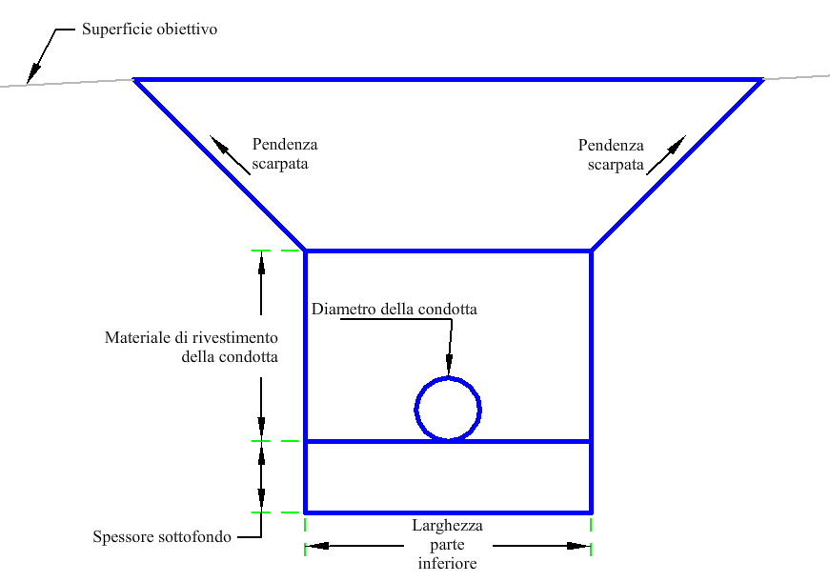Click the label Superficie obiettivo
[150, 30]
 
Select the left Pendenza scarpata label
[285, 153]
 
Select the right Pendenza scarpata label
[611, 154]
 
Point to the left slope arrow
[230, 154]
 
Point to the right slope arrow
[666, 154]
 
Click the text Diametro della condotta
[394, 309]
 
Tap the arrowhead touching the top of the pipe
[449, 365]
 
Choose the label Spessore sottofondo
[162, 537]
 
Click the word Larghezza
[447, 526]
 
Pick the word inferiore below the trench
[447, 563]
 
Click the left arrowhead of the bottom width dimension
[316, 546]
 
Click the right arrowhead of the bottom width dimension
[578, 546]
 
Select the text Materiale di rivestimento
[192, 337]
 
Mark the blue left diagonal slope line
[219, 165]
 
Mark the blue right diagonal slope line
[678, 165]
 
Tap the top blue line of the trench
[448, 80]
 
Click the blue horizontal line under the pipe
[448, 441]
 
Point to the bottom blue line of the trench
[448, 512]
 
